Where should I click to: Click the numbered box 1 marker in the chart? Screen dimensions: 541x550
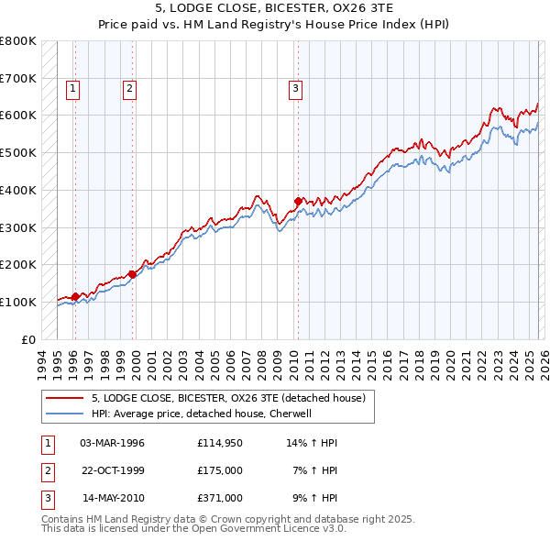tap(72, 89)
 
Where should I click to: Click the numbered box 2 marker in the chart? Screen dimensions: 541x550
tap(130, 89)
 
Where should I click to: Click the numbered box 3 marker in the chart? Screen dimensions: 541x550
tap(296, 89)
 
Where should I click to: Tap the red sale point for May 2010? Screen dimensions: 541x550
tap(298, 201)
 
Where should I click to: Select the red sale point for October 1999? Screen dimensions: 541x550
tap(133, 273)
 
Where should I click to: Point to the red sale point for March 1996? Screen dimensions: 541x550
tap(75, 296)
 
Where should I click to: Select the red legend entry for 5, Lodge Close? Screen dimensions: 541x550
tap(228, 398)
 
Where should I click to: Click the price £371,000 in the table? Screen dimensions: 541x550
tap(219, 499)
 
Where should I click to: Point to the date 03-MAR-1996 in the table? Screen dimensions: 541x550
tap(112, 442)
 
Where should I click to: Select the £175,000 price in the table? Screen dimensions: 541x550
tap(219, 470)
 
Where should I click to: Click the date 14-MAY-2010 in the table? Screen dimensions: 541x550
tap(113, 499)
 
